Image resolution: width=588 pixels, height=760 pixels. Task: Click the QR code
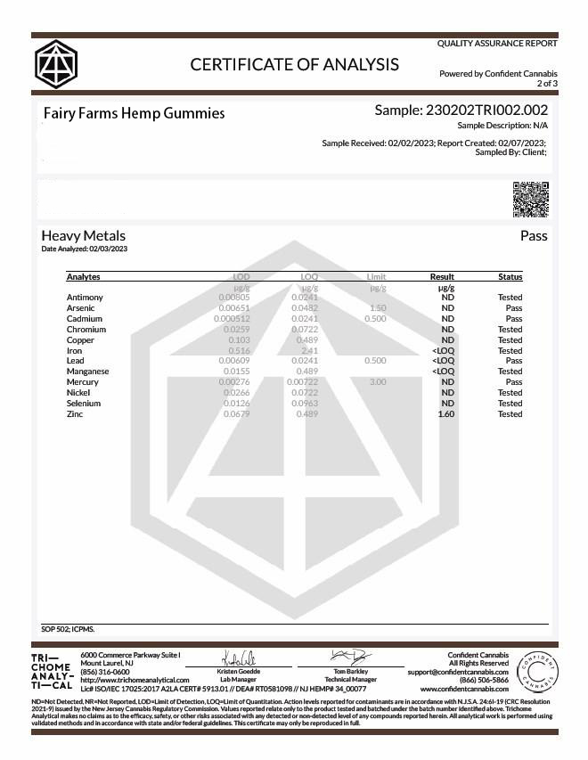530,199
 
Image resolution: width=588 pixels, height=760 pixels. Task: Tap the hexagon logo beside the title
56,63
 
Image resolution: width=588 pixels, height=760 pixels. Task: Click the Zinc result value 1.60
446,413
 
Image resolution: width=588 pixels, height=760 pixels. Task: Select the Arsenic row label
81,307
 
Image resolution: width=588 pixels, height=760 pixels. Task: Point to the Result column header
443,276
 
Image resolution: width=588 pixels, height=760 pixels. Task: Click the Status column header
510,276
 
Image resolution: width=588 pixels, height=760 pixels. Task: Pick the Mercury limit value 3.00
377,382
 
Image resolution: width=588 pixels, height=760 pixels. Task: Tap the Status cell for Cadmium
514,318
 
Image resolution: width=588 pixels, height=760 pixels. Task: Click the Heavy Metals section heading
84,236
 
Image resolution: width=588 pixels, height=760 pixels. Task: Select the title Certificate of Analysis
295,64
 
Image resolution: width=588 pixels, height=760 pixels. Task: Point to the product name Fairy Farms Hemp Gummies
134,113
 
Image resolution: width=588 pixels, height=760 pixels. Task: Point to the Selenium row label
83,403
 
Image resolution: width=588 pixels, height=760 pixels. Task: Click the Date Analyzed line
85,249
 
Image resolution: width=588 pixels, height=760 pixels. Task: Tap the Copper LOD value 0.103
239,339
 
